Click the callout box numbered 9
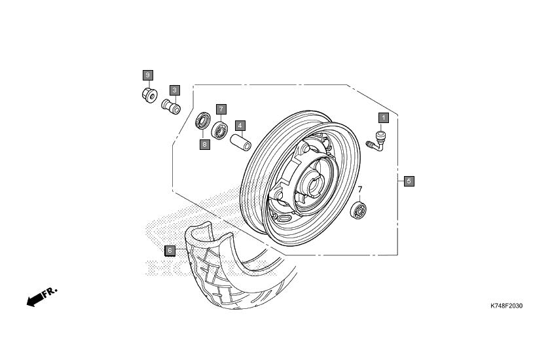click(148, 75)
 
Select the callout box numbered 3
click(175, 90)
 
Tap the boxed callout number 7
click(221, 109)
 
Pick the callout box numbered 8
click(205, 144)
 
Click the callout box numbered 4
click(240, 126)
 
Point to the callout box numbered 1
click(384, 118)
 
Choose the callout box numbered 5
click(409, 181)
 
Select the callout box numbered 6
click(170, 251)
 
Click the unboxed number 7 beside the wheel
click(360, 190)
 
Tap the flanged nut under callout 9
click(149, 96)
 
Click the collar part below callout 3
click(171, 107)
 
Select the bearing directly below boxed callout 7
click(219, 130)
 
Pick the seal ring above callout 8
click(203, 121)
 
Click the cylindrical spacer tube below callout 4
click(241, 141)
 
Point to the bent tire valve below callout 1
click(376, 141)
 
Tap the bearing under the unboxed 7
click(358, 210)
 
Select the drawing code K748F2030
click(506, 306)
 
